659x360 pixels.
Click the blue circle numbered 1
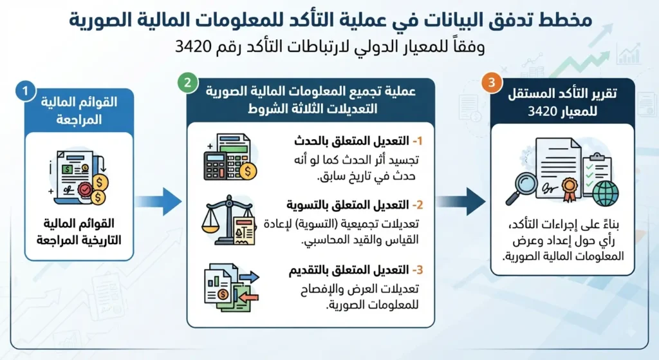(25, 90)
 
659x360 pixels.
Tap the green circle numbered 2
(188, 82)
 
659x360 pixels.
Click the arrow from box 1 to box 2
(159, 202)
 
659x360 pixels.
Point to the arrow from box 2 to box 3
(461, 202)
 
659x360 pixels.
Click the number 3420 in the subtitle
(193, 46)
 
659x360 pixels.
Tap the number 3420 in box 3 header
(542, 111)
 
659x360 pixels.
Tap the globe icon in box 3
(606, 193)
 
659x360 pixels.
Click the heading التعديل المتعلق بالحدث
(352, 141)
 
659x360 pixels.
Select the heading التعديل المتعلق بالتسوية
(348, 205)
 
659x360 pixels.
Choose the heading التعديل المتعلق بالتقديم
(349, 270)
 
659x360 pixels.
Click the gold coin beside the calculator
(248, 171)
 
